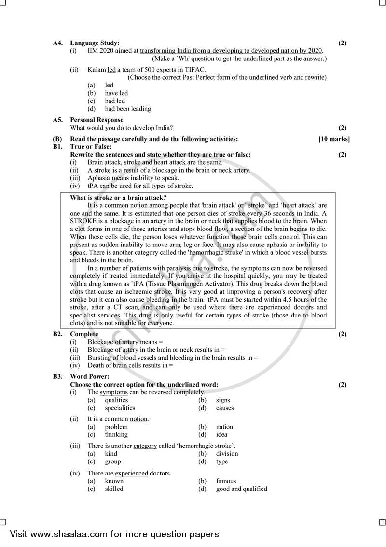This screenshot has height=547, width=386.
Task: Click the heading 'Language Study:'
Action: click(95, 43)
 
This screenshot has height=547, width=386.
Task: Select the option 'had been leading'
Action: click(128, 109)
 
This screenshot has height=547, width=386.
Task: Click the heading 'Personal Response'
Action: click(96, 120)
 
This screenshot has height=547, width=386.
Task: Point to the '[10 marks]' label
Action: click(334, 139)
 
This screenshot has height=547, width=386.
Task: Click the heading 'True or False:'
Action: click(91, 146)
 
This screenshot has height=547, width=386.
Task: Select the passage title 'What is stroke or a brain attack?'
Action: click(118, 197)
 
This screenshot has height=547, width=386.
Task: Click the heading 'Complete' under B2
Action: click(84, 334)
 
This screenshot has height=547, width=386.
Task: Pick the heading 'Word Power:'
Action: click(90, 376)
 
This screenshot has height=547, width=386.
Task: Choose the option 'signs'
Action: click(223, 400)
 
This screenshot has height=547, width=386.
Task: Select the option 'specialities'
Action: click(120, 408)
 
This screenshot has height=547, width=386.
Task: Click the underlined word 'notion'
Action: click(139, 419)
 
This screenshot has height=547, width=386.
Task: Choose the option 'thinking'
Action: click(116, 434)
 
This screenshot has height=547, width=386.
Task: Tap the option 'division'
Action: click(227, 453)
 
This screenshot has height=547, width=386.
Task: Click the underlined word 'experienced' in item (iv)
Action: click(131, 473)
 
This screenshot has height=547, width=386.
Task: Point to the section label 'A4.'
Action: click(58, 43)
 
